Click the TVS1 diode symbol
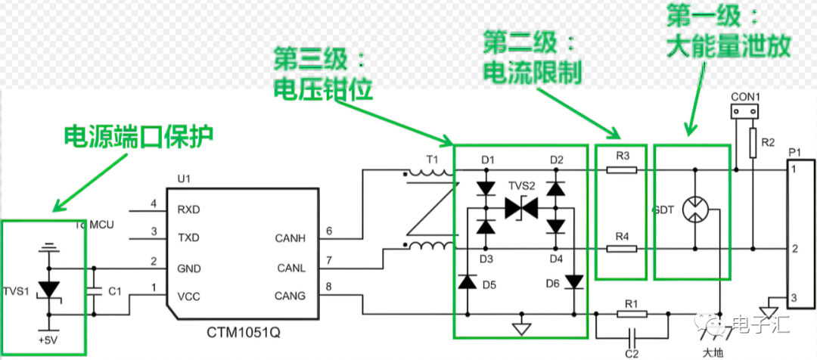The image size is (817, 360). pyautogui.click(x=50, y=290)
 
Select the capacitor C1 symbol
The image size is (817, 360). pyautogui.click(x=95, y=290)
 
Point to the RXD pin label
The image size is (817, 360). pyautogui.click(x=188, y=208)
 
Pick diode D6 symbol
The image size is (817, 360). pyautogui.click(x=574, y=282)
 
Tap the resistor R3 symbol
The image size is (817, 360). pyautogui.click(x=622, y=170)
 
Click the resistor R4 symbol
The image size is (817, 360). pyautogui.click(x=622, y=249)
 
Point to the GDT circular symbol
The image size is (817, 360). pyautogui.click(x=695, y=209)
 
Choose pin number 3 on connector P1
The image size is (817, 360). pyautogui.click(x=794, y=299)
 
